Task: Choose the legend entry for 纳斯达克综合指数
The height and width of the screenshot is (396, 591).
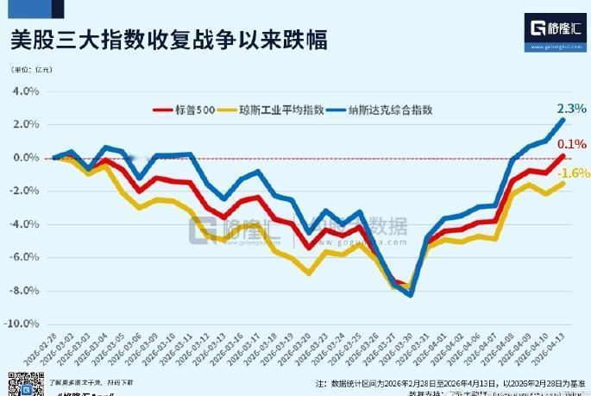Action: coord(388,110)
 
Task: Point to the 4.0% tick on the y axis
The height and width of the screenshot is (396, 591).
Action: coord(27,91)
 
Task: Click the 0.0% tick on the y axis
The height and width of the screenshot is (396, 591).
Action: coord(27,158)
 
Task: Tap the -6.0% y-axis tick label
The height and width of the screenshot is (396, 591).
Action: coord(26,258)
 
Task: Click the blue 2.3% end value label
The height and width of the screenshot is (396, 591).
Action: coord(571,110)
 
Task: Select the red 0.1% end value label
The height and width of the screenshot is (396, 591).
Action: coord(572,144)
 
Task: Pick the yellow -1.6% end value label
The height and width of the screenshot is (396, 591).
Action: coord(575,173)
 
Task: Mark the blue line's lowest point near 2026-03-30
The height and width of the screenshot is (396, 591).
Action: coord(410,295)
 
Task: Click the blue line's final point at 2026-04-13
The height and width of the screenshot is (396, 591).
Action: coord(563,120)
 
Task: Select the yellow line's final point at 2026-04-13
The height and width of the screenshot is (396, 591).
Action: coord(563,183)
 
